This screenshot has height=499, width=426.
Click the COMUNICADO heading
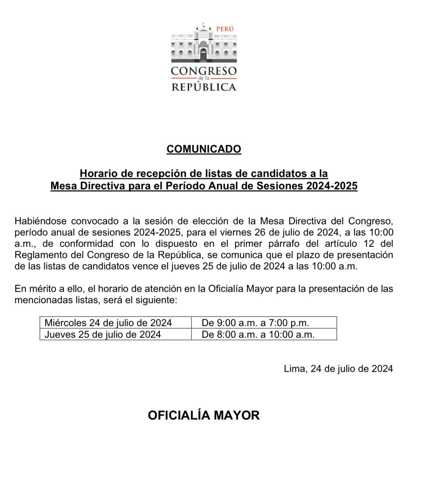tap(204, 149)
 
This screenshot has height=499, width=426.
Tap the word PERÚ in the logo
tap(225, 29)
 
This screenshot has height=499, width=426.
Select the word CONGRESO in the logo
tap(204, 71)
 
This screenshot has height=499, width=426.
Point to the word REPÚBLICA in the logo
tap(204, 87)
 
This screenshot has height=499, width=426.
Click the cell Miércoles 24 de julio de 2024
tap(108, 323)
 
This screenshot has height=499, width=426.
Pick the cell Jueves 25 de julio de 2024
tap(103, 334)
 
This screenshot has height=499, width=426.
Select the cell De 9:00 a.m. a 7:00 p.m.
tap(255, 323)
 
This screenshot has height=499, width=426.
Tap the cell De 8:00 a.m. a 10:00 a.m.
tap(258, 334)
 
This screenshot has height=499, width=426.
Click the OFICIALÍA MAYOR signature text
tap(204, 415)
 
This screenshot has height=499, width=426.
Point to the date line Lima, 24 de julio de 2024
tap(338, 369)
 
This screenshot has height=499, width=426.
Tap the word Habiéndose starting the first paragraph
tap(40, 221)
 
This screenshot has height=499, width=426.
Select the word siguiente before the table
tap(156, 300)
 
